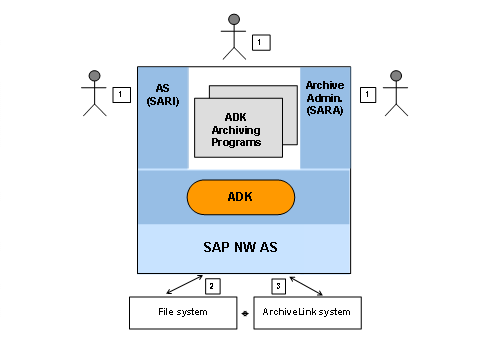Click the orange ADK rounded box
coord(241,197)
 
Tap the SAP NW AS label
coord(240,247)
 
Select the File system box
coord(183,313)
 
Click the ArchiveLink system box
coord(307,313)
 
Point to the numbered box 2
coord(213,286)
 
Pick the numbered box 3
coord(279,286)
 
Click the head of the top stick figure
coord(234,19)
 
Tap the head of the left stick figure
coord(95,76)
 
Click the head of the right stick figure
coord(396,76)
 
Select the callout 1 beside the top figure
coord(261,42)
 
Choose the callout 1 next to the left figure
coord(122,95)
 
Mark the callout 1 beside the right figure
coord(368,95)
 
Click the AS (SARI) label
coord(163,95)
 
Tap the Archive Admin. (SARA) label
coord(325,98)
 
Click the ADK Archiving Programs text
coord(236,130)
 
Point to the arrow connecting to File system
coord(185,284)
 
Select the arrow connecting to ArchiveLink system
coord(306,286)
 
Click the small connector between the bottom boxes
coord(245,313)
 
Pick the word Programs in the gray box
coord(236,142)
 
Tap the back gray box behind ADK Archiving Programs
coord(290,115)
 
